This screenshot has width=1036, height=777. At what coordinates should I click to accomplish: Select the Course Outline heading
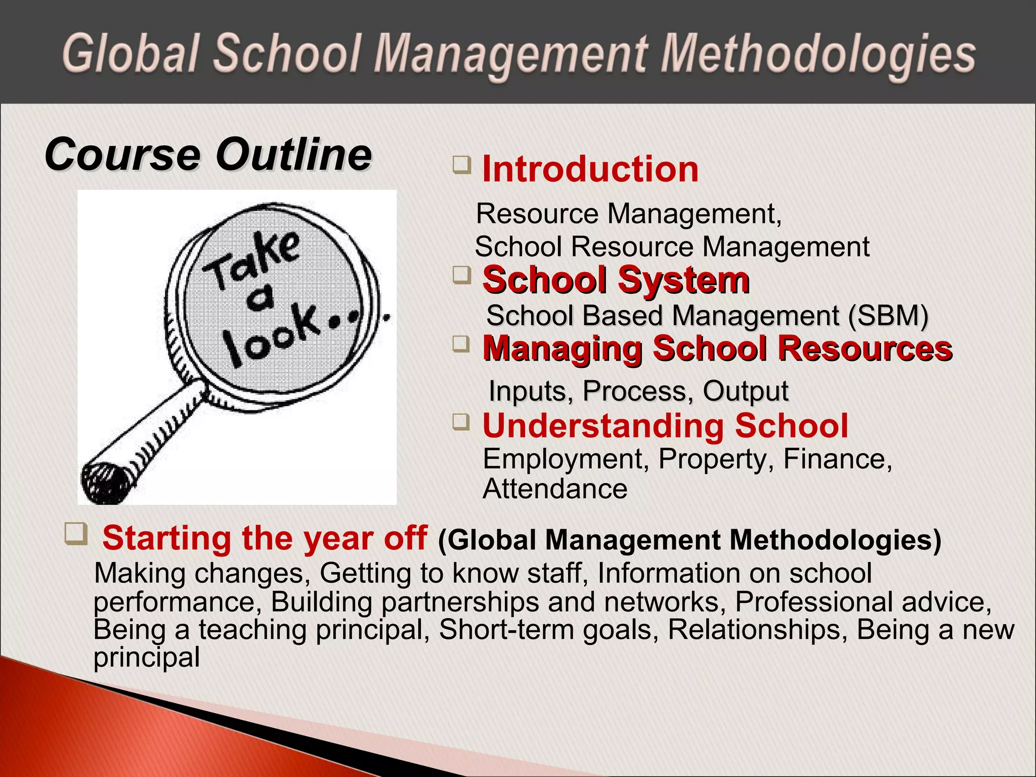click(208, 154)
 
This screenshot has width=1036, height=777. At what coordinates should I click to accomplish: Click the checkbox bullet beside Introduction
click(461, 165)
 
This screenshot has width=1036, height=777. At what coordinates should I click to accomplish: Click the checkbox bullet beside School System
click(461, 276)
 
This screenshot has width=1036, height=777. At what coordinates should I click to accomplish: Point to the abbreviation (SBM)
click(888, 316)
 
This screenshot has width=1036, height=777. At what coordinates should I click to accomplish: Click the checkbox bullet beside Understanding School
click(461, 421)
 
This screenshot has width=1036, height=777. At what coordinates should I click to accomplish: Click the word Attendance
click(555, 489)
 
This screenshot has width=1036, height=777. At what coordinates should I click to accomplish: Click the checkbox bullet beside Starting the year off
click(76, 534)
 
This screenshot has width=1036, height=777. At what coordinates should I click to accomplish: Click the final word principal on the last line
click(147, 658)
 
